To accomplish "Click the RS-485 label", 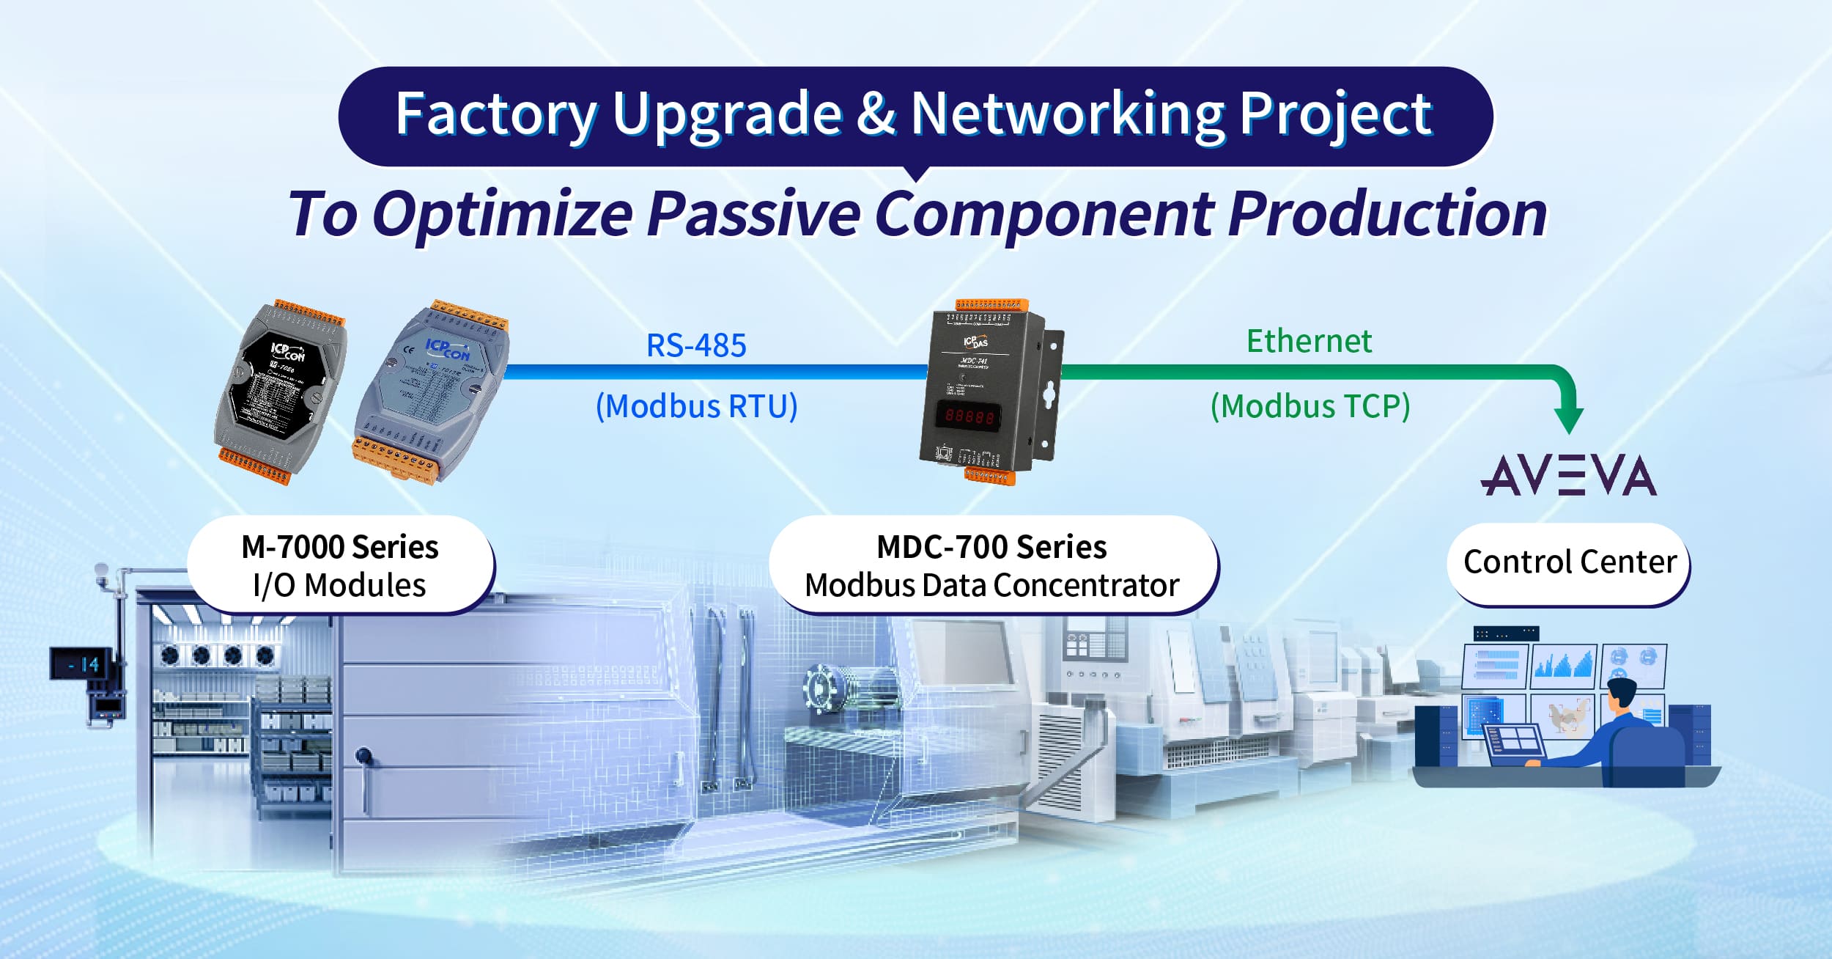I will [x=696, y=345].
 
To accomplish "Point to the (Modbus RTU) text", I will [x=696, y=406].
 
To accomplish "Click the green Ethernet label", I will [x=1309, y=341].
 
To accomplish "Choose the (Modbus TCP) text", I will [x=1310, y=406].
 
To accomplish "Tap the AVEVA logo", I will [x=1568, y=475].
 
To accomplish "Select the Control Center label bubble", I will [x=1569, y=563].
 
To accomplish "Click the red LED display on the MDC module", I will [x=969, y=416].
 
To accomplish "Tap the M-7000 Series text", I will [x=339, y=547].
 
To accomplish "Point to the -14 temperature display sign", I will [x=82, y=664].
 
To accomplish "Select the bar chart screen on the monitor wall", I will [x=1562, y=664].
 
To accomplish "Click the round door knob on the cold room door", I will [x=363, y=754].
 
